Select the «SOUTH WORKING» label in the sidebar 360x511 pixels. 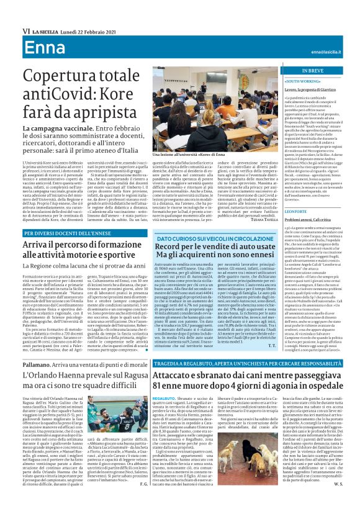click(302, 81)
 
